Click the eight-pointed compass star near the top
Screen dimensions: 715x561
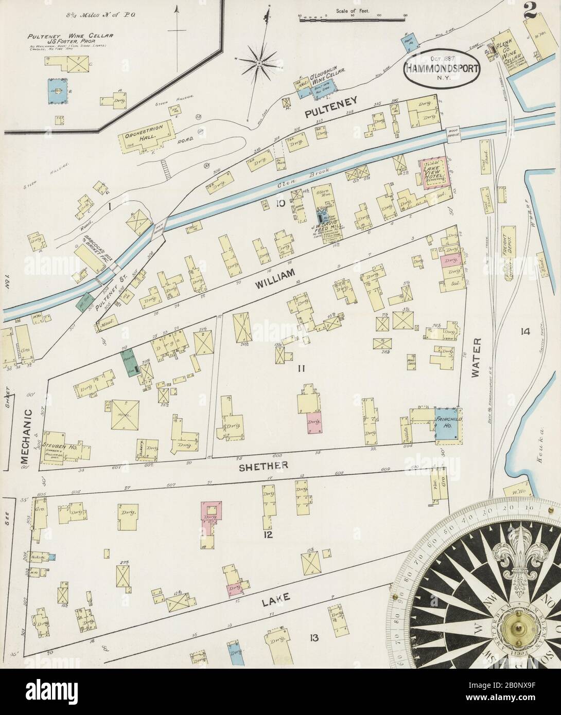pos(259,64)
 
